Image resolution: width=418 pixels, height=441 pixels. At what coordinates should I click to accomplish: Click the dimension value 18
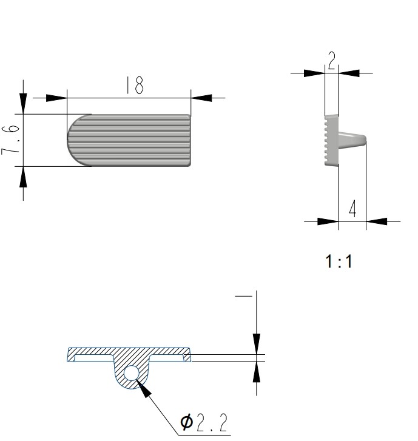(135, 86)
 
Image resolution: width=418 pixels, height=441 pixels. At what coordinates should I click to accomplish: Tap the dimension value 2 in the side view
(332, 61)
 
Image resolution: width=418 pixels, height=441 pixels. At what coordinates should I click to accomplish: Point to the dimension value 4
(352, 210)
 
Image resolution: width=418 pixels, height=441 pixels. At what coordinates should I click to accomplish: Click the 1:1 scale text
(339, 262)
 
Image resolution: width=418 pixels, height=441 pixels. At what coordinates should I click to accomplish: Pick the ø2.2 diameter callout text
(204, 421)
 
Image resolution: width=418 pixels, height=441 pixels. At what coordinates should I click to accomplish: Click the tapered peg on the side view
(351, 141)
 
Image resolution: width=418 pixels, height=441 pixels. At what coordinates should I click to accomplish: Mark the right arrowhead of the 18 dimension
(201, 98)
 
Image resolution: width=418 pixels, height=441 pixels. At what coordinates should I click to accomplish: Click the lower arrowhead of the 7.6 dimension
(23, 177)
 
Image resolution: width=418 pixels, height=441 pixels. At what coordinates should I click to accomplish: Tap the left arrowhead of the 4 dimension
(328, 221)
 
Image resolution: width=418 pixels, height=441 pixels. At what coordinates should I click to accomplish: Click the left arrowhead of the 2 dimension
(314, 73)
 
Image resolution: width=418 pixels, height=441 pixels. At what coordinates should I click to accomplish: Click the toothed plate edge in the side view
(328, 140)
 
